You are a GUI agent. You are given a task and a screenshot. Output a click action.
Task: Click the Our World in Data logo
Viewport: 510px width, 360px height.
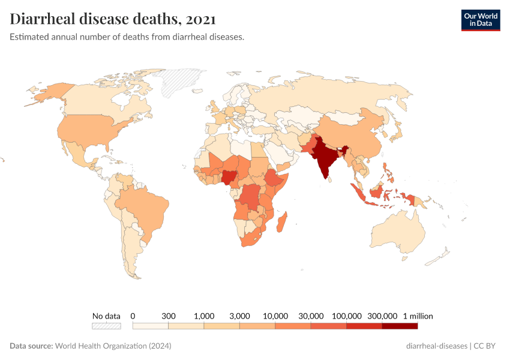point(480,20)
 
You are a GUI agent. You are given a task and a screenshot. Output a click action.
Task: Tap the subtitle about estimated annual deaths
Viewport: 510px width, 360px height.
point(127,37)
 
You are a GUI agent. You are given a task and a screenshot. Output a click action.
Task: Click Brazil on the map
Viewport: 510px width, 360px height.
point(144,207)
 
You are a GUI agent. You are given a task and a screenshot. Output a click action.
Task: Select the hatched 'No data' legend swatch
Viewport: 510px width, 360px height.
point(106,326)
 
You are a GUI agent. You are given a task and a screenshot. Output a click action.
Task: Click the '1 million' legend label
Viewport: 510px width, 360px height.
point(418,316)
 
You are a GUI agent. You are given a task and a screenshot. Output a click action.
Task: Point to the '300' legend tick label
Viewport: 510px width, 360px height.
point(168,316)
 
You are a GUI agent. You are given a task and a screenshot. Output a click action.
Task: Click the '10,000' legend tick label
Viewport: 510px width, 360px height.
point(275,316)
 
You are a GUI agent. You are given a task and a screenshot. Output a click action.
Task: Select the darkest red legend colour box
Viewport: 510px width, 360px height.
point(400,326)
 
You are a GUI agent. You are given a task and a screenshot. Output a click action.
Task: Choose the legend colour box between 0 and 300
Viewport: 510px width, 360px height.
point(150,326)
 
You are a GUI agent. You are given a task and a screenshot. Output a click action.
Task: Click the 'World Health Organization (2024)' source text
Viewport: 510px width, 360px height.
point(113,346)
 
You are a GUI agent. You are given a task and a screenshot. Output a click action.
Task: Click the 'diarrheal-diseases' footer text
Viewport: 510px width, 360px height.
point(437,346)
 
